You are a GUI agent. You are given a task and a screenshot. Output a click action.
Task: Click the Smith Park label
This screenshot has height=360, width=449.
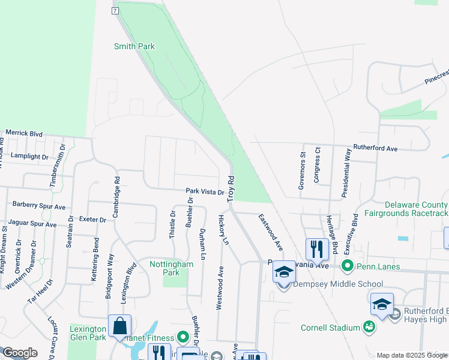pyautogui.click(x=134, y=46)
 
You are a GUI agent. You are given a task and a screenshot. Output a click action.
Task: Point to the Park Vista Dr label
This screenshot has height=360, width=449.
pyautogui.click(x=205, y=193)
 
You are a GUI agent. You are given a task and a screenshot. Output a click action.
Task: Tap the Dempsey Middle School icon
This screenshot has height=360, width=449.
pyautogui.click(x=284, y=272)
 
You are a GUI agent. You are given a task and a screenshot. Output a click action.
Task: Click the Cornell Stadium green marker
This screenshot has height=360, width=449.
pyautogui.click(x=369, y=327)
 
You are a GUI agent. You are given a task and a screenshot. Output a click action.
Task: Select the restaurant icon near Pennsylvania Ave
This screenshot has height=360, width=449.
pyautogui.click(x=316, y=249)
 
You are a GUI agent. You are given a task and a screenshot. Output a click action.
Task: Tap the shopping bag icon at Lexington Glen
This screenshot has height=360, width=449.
pyautogui.click(x=119, y=326)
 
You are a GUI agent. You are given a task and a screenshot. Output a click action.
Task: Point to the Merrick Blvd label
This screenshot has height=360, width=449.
pyautogui.click(x=24, y=133)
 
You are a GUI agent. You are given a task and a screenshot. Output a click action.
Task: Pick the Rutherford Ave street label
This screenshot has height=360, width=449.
pyautogui.click(x=375, y=148)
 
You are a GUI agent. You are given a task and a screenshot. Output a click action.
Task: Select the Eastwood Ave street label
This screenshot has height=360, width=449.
pyautogui.click(x=271, y=232)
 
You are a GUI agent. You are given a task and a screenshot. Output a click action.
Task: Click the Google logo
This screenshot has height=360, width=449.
pyautogui.click(x=19, y=353)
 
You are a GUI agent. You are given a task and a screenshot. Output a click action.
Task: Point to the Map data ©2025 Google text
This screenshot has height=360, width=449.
pyautogui.click(x=412, y=355)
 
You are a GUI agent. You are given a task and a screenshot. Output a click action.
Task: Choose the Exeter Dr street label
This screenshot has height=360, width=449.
pyautogui.click(x=92, y=220)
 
